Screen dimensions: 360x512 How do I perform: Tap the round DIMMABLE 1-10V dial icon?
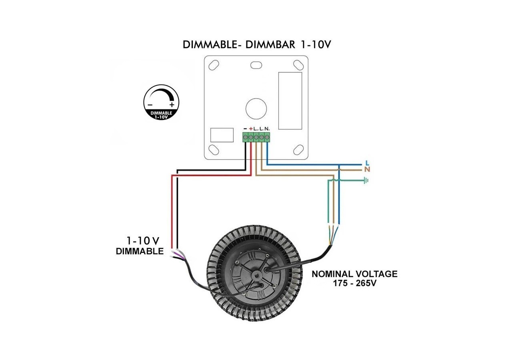[161, 102]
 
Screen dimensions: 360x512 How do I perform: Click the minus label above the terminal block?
[245, 129]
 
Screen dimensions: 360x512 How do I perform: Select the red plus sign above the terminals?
[251, 128]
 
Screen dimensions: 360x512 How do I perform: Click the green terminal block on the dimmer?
[256, 137]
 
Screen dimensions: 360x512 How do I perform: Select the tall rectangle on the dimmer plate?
[290, 100]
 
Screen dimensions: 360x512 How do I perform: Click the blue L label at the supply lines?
[367, 163]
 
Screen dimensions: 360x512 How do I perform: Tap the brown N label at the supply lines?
[367, 170]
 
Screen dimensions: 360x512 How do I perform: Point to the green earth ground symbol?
[366, 180]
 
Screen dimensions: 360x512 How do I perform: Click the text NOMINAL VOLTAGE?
[354, 274]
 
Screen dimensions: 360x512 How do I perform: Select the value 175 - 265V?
[354, 284]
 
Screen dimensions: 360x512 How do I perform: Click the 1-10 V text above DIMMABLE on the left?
[143, 241]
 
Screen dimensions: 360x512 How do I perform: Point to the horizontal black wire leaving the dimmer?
[212, 170]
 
